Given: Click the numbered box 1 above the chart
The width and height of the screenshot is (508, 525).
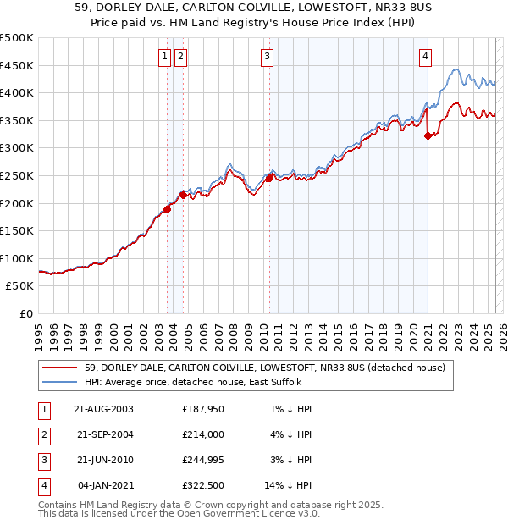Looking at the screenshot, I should [x=164, y=57].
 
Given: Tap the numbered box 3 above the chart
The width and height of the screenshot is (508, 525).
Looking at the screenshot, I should [x=267, y=57].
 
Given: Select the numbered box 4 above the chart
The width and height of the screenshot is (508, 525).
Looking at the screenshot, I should [x=425, y=57].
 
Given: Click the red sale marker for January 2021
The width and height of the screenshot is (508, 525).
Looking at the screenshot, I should [x=428, y=135].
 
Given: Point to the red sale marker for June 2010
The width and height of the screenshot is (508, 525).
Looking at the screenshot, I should [x=269, y=178].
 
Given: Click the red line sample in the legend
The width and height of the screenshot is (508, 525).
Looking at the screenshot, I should [x=59, y=367].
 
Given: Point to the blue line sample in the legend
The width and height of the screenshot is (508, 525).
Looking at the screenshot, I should [x=59, y=382].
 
